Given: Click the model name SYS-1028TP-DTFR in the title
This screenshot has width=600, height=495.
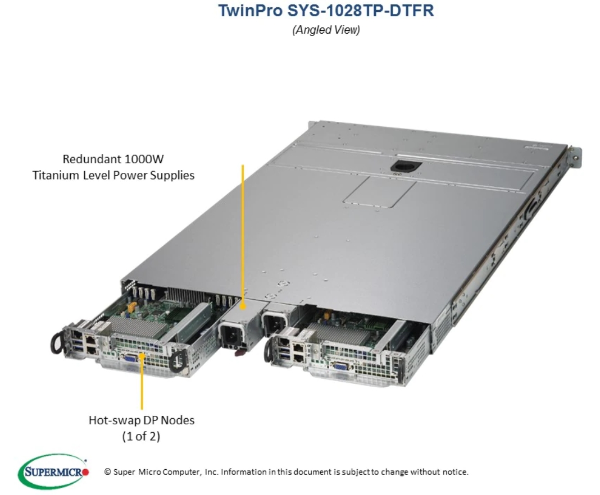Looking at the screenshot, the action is click(361, 10).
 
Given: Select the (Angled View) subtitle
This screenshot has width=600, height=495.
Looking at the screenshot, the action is click(326, 30).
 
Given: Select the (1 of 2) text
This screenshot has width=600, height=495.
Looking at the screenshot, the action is click(141, 436).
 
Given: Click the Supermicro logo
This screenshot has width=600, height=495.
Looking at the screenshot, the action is click(53, 471).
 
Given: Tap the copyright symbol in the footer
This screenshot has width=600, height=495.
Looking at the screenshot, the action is click(107, 472).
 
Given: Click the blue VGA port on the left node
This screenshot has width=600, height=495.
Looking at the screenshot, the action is click(131, 359).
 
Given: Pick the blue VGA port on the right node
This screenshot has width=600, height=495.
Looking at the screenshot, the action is click(340, 365).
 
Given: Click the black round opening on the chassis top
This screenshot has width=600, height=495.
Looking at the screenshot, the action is click(406, 167).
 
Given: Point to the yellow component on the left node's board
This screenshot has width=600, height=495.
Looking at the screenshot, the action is click(132, 307).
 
